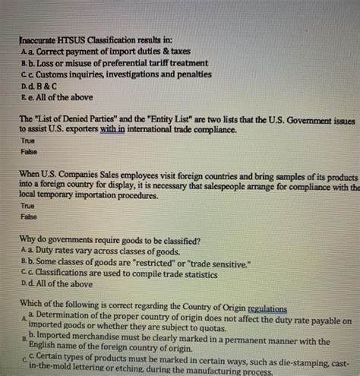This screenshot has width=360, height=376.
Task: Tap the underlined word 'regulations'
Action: point(263,307)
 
